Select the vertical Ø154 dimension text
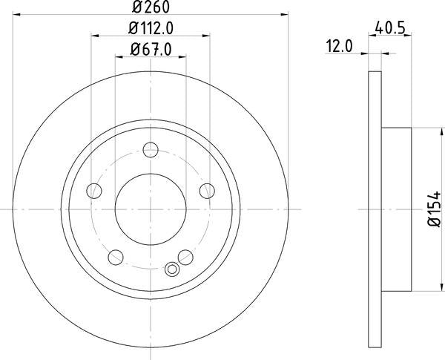pos(434,210)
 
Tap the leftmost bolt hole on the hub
pos(95,192)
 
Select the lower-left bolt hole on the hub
pos(115,257)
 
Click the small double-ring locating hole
pos(173,270)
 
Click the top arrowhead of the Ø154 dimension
pos(425,131)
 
